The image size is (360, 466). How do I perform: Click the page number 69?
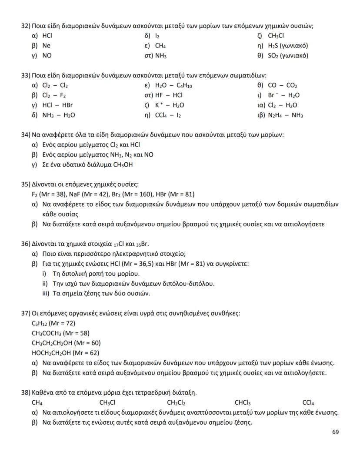pyautogui.click(x=335, y=432)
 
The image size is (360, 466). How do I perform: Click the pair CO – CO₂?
pyautogui.click(x=282, y=86)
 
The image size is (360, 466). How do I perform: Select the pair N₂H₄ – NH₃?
pyautogui.click(x=286, y=115)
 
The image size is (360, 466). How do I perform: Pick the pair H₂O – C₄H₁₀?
pyautogui.click(x=173, y=86)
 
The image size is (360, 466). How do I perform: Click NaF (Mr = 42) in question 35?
pyautogui.click(x=76, y=194)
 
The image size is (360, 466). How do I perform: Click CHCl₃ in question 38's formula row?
pyautogui.click(x=243, y=403)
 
